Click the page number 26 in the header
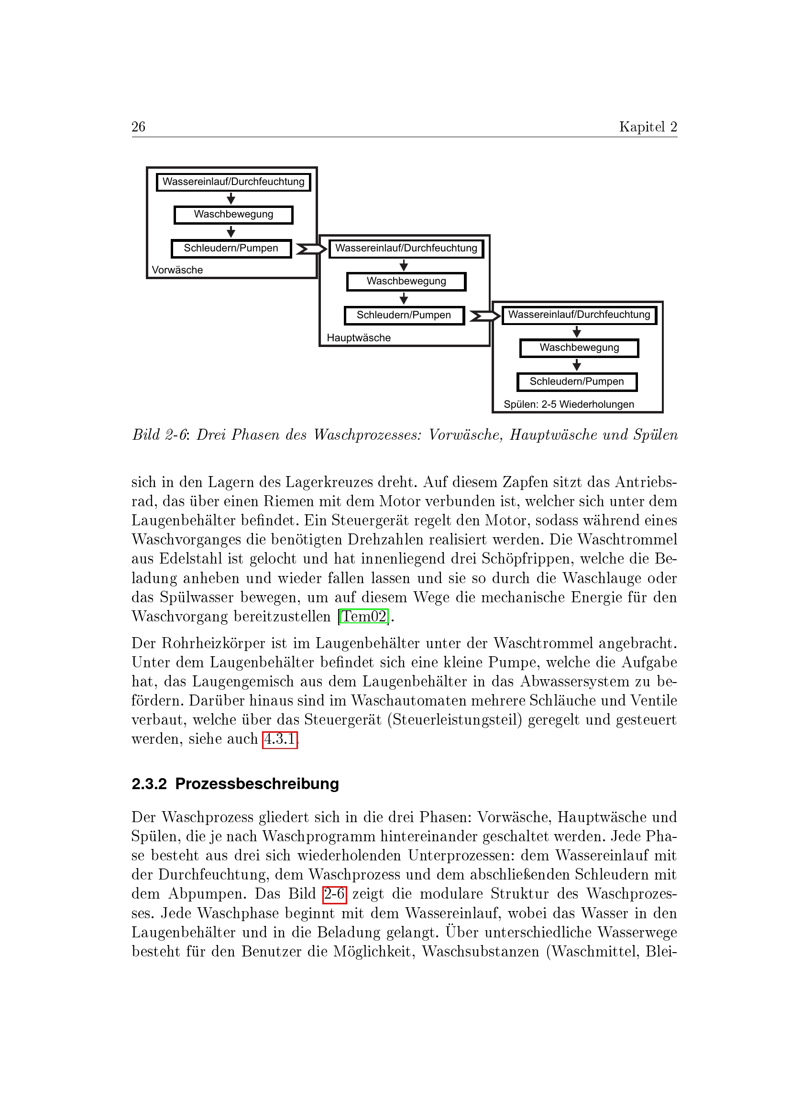pos(138,127)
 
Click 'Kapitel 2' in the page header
pos(648,127)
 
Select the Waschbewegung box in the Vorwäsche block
pos(233,215)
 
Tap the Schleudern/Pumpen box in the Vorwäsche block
pos(231,249)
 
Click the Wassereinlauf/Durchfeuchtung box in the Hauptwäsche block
pos(406,249)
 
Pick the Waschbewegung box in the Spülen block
pos(579,348)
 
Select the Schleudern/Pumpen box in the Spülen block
pos(577,382)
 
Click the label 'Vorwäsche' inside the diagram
pos(177,270)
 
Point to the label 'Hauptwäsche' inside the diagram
pos(359,337)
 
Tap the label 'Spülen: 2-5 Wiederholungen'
pos(569,404)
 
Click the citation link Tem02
pos(364,617)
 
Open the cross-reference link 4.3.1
pos(280,739)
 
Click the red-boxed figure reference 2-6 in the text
pos(335,894)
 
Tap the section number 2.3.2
pos(149,784)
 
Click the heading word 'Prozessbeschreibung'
pos(257,784)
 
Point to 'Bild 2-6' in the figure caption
pos(160,434)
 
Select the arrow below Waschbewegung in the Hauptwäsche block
pos(404,298)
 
